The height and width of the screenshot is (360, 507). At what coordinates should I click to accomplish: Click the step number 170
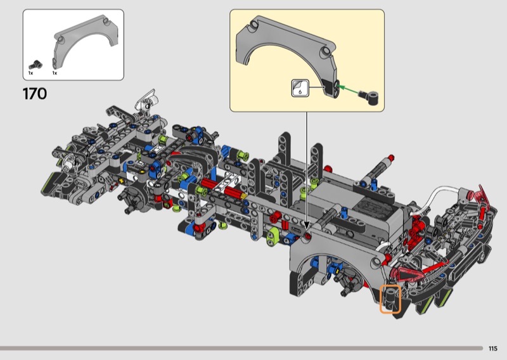(x=35, y=94)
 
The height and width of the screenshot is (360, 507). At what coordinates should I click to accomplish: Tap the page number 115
(x=493, y=349)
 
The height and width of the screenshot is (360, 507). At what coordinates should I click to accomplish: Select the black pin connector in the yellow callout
(x=369, y=97)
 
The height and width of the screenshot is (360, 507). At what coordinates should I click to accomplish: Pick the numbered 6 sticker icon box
(x=300, y=88)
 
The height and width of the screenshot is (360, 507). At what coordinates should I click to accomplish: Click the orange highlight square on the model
(x=390, y=299)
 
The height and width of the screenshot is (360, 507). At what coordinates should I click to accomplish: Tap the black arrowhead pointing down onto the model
(x=306, y=225)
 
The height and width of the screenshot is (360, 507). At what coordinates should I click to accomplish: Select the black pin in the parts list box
(x=35, y=65)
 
